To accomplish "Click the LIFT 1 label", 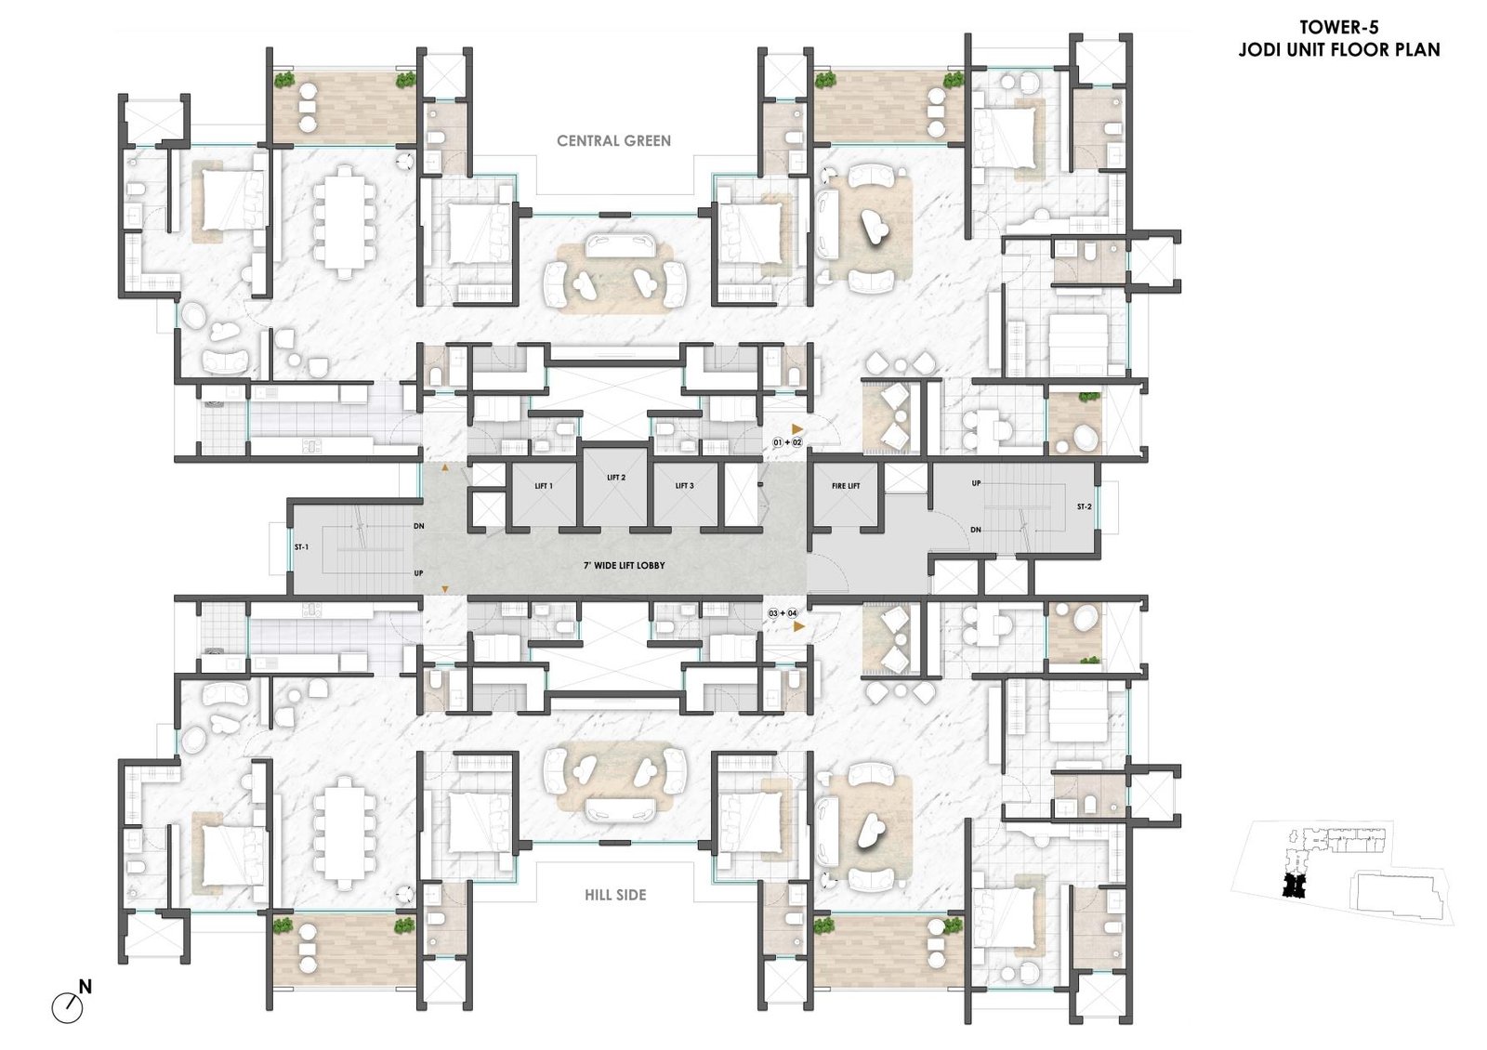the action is tap(544, 486).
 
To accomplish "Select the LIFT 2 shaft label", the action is tap(616, 478).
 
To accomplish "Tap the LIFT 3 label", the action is tap(684, 486).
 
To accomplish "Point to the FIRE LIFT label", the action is tap(846, 486).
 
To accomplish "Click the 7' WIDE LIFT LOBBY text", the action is tap(624, 566).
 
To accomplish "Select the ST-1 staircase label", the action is tap(301, 547).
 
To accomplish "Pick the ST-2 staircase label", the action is tap(1084, 506).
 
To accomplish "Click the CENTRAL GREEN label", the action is tap(614, 140).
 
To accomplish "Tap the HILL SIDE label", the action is tap(615, 895).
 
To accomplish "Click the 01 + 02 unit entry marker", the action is tap(787, 442).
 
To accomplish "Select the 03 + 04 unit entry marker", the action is tap(783, 613).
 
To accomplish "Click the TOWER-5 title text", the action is tap(1338, 27).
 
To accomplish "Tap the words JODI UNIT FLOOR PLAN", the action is tap(1339, 50).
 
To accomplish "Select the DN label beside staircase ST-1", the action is tap(419, 526).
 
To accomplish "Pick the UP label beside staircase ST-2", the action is tap(976, 483).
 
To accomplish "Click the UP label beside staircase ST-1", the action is tap(418, 572).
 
